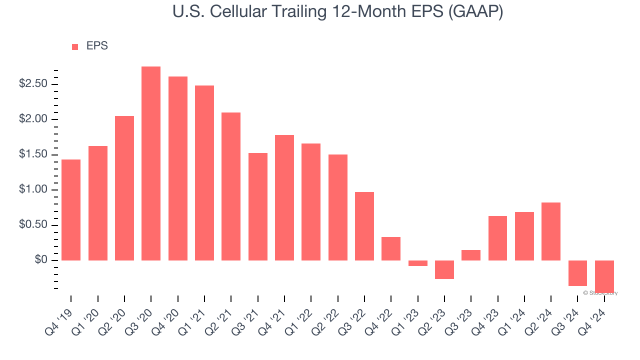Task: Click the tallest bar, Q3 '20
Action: [x=151, y=163]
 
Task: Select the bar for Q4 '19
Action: [x=71, y=210]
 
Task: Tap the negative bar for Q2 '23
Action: [x=444, y=269]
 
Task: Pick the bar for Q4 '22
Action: [x=391, y=248]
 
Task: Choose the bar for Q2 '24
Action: [x=551, y=231]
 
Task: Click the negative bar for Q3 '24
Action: [x=577, y=273]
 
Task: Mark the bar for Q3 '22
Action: [x=364, y=226]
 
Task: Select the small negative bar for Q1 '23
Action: [x=417, y=263]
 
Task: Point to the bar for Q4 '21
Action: [x=284, y=197]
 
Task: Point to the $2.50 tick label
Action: [x=33, y=84]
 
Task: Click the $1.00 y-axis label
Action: [x=33, y=190]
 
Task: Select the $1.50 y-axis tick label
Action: [x=33, y=154]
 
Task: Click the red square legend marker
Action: [x=75, y=47]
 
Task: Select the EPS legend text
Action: [x=97, y=46]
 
